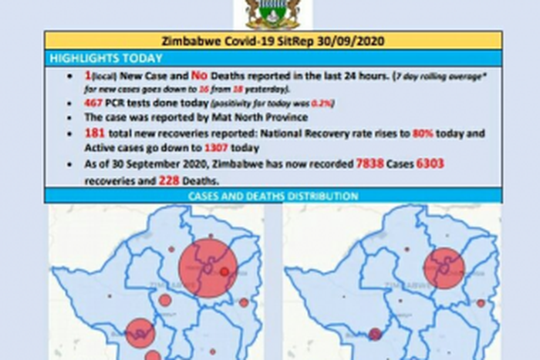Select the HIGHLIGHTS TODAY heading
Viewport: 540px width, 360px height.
coord(106,59)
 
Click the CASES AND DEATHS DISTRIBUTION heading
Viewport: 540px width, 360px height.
coord(272,196)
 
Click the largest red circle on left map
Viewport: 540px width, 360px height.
coord(208,267)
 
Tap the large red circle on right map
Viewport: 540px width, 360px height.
coord(444,268)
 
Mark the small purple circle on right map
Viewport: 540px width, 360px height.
coord(375,334)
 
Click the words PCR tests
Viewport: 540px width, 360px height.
coord(133,103)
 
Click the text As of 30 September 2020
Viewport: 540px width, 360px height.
coord(141,164)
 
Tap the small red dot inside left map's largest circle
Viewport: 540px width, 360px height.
coord(224,271)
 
